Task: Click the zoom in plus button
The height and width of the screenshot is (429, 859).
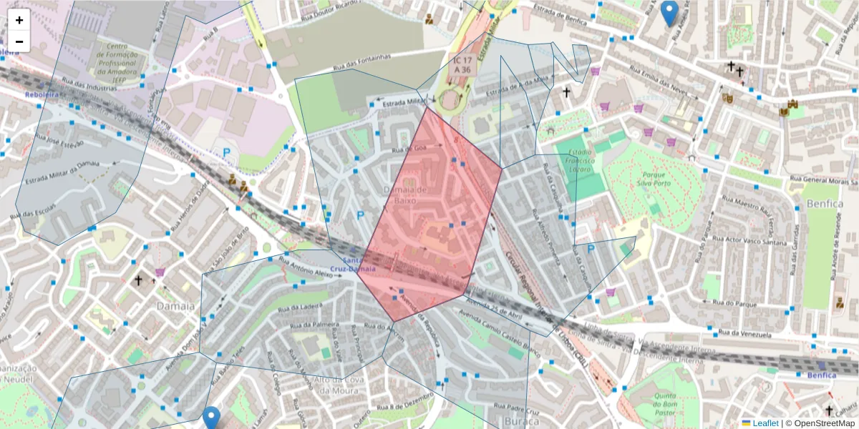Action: pyautogui.click(x=19, y=20)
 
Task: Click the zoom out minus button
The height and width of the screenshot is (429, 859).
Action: pyautogui.click(x=19, y=41)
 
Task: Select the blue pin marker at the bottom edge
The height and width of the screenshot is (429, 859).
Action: pyautogui.click(x=210, y=418)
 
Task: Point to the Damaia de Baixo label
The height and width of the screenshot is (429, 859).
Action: pyautogui.click(x=405, y=194)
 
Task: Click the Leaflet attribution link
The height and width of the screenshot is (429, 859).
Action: pyautogui.click(x=765, y=423)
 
